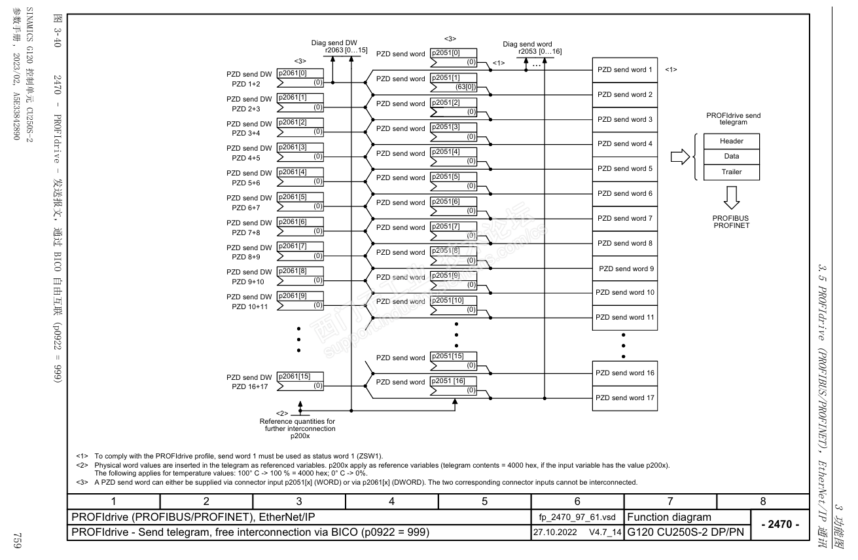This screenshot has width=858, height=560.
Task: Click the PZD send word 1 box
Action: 625,69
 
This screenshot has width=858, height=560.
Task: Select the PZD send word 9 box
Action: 625,269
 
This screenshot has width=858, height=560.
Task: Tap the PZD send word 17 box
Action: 625,398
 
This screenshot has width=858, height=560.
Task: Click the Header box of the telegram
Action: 731,141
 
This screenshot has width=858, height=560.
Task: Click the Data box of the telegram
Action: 731,157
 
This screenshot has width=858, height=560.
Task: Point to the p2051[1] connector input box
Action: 453,83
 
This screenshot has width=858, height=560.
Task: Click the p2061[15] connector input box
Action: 300,381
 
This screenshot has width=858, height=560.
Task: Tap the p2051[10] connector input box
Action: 453,305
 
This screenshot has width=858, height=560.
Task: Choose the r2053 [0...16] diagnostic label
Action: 539,51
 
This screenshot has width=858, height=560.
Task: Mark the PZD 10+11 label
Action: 248,307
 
